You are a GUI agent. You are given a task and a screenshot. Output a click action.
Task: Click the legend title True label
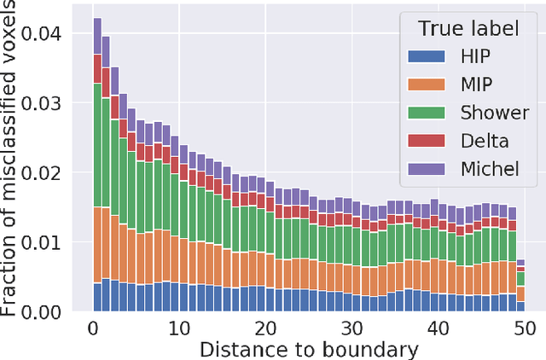pyautogui.click(x=468, y=28)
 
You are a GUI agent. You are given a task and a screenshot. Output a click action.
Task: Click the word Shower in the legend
pyautogui.click(x=490, y=113)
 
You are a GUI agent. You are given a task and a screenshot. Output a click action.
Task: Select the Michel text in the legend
pyautogui.click(x=489, y=168)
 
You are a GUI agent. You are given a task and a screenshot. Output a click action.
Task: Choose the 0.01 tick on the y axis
pyautogui.click(x=58, y=242)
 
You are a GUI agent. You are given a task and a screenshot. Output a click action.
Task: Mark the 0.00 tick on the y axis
pyautogui.click(x=58, y=312)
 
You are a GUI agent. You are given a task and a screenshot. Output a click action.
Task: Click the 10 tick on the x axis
pyautogui.click(x=179, y=329)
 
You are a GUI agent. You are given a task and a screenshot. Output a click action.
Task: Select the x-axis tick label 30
pyautogui.click(x=351, y=329)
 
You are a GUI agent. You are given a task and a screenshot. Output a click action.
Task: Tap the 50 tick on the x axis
pyautogui.click(x=523, y=329)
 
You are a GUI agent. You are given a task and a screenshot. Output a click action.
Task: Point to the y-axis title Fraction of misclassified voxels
pyautogui.click(x=12, y=159)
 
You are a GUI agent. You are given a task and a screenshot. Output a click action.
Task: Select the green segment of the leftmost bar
pyautogui.click(x=97, y=145)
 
